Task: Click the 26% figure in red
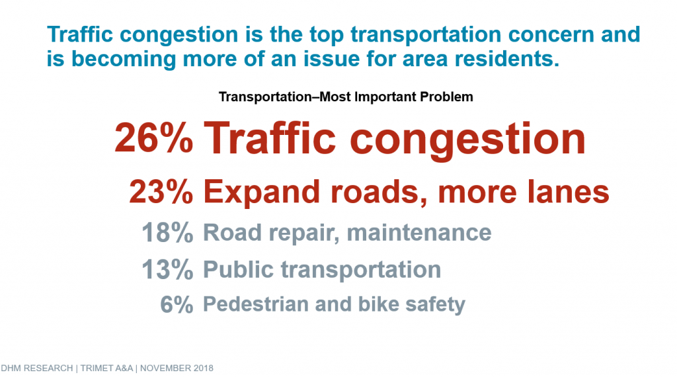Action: click(x=153, y=138)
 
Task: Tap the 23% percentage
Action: click(x=161, y=191)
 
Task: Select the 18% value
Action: click(x=167, y=232)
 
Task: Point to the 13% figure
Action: click(x=167, y=269)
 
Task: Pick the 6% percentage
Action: click(x=177, y=304)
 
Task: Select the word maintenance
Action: click(x=418, y=232)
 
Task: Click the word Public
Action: click(x=238, y=269)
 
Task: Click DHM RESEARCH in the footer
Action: click(x=37, y=368)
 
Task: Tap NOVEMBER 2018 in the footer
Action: click(x=177, y=368)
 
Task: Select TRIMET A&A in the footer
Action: click(x=106, y=368)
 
